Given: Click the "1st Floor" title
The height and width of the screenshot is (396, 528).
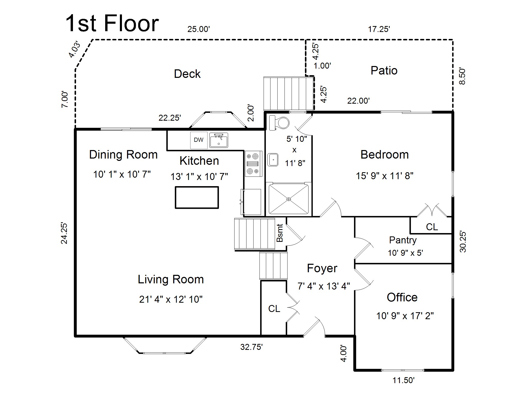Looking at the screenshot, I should [x=112, y=24].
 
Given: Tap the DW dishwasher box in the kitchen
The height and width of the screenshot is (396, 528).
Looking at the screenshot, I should [x=199, y=140].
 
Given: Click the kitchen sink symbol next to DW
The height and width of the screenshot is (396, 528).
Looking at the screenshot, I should [x=219, y=140].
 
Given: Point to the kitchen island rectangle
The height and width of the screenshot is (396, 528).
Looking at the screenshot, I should [x=197, y=197].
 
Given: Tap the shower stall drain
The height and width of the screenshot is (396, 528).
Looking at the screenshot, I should [x=288, y=199].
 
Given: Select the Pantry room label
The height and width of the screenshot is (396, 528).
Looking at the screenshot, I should [x=403, y=240].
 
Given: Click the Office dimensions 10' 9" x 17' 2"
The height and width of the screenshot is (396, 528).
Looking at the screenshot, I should [x=405, y=316].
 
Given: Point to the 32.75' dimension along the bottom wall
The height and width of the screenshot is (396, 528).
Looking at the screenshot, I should [x=251, y=347].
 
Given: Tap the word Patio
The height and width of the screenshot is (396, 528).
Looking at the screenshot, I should [x=384, y=71].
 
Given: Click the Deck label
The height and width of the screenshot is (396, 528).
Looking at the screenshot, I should [x=187, y=74].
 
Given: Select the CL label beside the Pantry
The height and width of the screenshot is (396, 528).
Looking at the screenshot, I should [x=432, y=227].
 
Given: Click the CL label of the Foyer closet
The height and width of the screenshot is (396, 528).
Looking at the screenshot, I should [x=274, y=309].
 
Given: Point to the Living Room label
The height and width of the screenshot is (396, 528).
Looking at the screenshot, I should [x=171, y=279].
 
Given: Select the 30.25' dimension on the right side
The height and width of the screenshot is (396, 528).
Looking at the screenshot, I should [x=463, y=242].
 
